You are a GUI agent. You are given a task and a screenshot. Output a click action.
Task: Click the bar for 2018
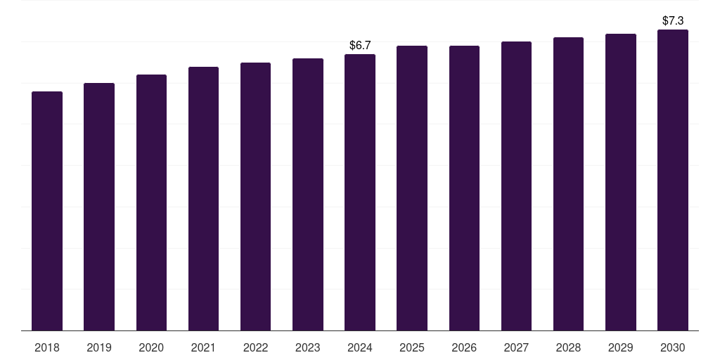click(x=47, y=211)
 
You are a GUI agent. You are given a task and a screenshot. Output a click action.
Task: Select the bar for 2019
click(x=99, y=207)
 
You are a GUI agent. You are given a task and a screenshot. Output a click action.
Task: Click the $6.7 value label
click(x=360, y=45)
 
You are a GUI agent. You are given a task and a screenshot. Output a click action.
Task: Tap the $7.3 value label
click(x=673, y=21)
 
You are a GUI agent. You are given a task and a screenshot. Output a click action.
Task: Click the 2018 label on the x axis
click(x=47, y=347)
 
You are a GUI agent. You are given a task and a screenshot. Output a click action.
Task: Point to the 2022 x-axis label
click(x=256, y=347)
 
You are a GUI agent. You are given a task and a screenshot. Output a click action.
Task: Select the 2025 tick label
click(x=412, y=347)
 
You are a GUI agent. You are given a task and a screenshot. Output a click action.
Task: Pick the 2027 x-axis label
click(x=516, y=347)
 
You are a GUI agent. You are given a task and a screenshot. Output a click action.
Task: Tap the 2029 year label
click(x=621, y=347)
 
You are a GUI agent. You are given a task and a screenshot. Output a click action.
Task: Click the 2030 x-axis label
click(x=673, y=347)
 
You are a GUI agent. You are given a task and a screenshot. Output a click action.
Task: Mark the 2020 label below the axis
click(x=151, y=347)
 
